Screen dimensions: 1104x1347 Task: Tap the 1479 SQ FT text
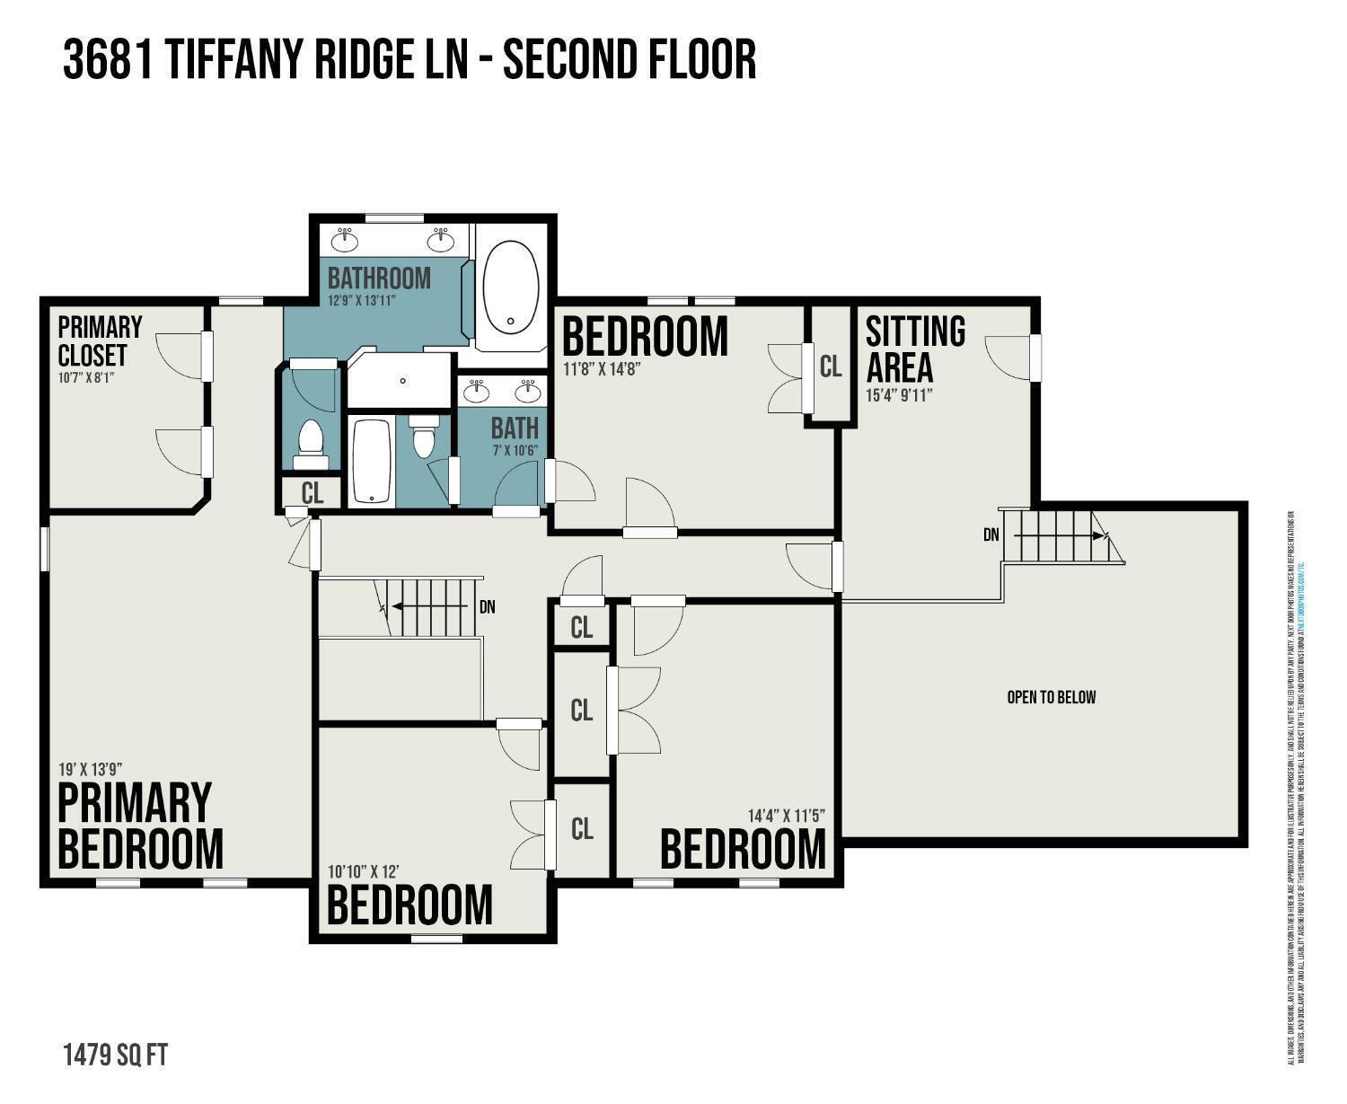click(x=115, y=1055)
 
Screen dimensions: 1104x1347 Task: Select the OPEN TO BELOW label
click(x=1051, y=697)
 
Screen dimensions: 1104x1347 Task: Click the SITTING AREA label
click(x=914, y=349)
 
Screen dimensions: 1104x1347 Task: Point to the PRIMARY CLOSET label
click(x=100, y=340)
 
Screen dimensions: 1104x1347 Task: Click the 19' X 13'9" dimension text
click(x=90, y=769)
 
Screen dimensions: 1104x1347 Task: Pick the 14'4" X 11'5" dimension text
click(x=786, y=816)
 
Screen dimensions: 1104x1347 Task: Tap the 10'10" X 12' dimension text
click(x=363, y=871)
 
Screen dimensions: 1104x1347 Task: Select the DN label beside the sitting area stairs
click(x=990, y=535)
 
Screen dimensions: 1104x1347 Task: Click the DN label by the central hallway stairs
click(x=487, y=607)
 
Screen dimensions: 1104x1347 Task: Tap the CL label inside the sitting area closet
click(x=831, y=366)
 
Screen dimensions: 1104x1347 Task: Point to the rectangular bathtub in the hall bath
click(x=370, y=461)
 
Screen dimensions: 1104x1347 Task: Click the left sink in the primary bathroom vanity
click(x=345, y=240)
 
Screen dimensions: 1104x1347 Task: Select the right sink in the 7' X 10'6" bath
click(x=528, y=391)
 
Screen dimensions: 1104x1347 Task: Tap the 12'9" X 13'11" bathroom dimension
click(x=362, y=301)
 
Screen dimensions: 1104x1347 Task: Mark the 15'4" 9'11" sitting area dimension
click(x=899, y=394)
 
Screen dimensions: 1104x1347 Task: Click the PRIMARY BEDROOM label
click(x=139, y=826)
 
